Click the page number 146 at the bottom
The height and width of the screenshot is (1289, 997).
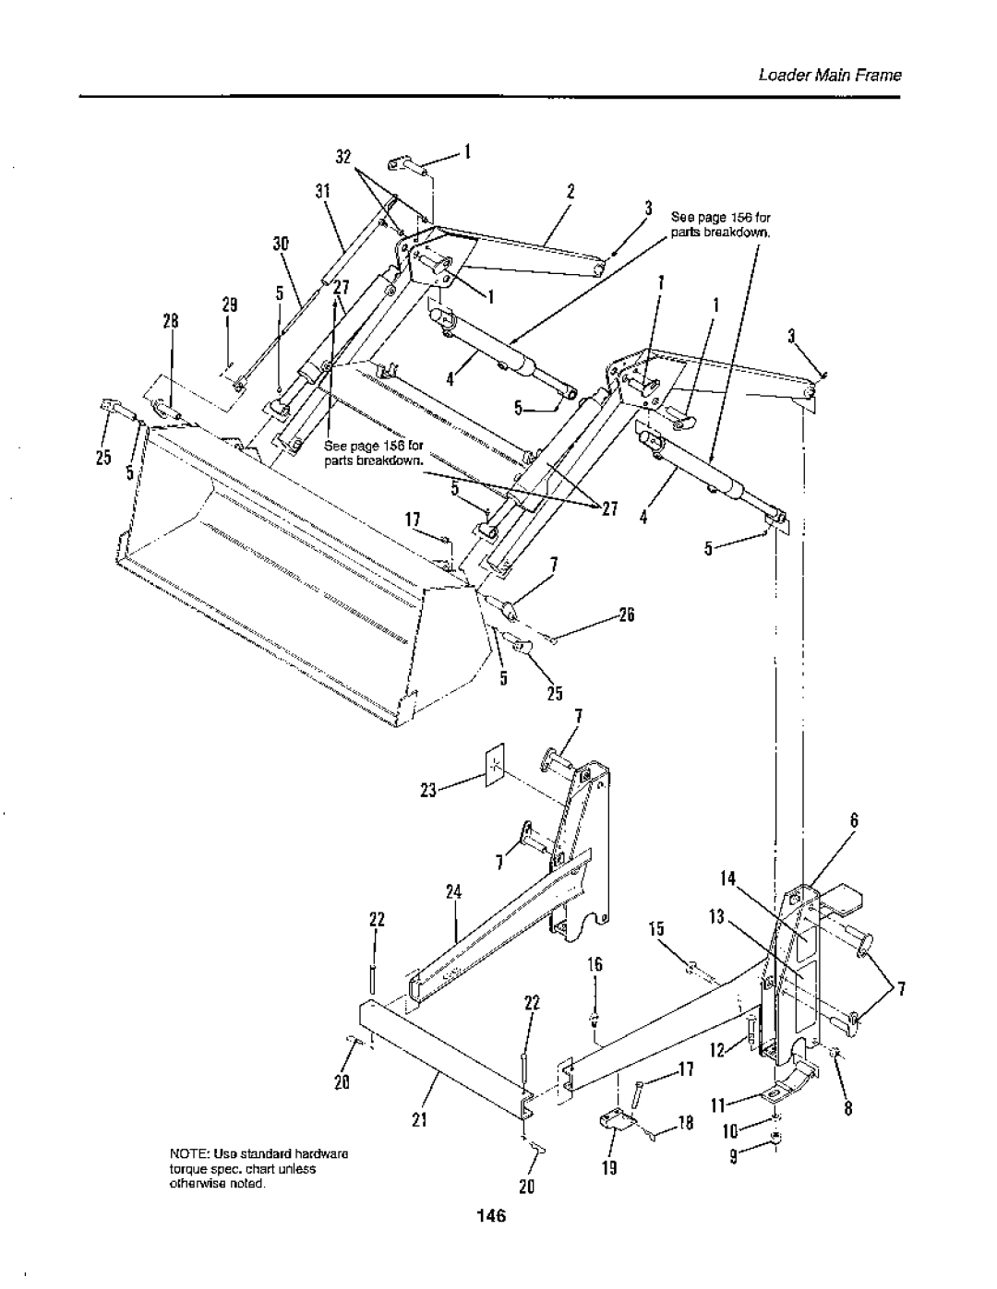491,1215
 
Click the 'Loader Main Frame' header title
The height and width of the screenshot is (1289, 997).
830,76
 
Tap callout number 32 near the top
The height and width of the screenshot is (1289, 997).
343,157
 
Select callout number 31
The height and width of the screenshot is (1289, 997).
322,192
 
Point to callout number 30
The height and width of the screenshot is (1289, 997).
281,244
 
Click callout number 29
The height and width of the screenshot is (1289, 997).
230,304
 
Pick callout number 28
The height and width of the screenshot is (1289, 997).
171,321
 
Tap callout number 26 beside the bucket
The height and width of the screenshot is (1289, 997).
627,615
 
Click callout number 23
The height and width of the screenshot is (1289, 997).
428,790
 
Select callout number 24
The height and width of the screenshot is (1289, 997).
454,892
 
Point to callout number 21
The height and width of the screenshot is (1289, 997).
420,1120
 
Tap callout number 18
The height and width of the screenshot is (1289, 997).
685,1124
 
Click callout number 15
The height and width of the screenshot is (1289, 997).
656,929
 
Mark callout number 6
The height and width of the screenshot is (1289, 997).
854,820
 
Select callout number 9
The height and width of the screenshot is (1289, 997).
734,1157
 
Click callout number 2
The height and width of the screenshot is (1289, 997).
571,192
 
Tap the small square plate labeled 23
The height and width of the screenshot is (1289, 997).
495,765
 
